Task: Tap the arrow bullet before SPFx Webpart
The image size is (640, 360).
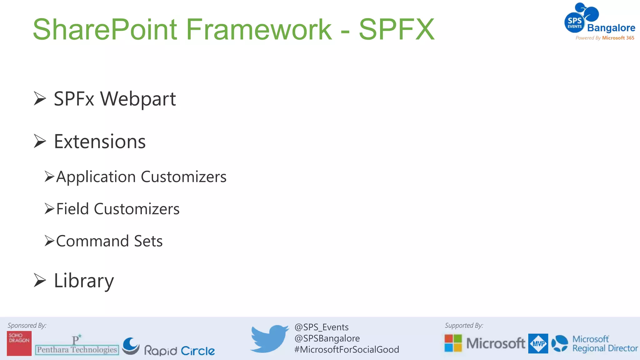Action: point(40,99)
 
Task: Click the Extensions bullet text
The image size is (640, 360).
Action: point(100,142)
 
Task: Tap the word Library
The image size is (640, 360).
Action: point(84,281)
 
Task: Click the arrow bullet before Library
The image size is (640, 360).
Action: point(40,280)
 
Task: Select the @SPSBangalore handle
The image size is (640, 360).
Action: point(327,338)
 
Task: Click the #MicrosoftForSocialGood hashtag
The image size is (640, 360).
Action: point(347,349)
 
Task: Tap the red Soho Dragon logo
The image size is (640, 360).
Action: point(19,343)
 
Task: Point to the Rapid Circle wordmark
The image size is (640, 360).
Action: point(179,351)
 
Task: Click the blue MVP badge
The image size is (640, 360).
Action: point(538,343)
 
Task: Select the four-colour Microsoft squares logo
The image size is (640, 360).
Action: point(453,343)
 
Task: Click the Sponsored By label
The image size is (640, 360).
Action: point(27,326)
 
